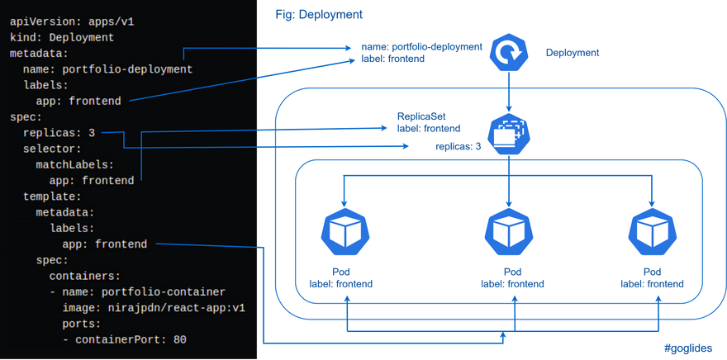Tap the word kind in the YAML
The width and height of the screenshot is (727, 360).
click(22, 38)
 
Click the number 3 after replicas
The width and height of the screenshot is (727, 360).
click(91, 133)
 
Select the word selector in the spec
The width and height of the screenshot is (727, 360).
click(52, 149)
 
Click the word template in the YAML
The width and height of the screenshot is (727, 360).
click(52, 197)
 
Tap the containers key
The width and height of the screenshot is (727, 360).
click(84, 276)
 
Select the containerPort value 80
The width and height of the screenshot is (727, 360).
click(179, 339)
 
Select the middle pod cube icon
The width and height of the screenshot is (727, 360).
click(508, 232)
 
